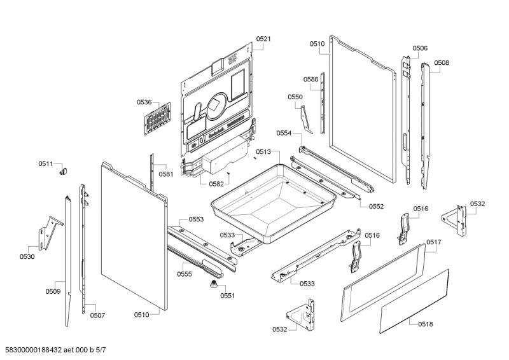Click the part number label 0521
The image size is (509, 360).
tap(263, 39)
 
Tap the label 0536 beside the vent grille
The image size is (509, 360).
tap(144, 102)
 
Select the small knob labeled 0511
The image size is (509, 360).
tap(62, 172)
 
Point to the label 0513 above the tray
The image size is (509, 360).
tap(263, 152)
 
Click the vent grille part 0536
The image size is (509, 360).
tap(158, 118)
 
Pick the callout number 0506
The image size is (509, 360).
tap(419, 48)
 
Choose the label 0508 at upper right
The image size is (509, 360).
tap(442, 62)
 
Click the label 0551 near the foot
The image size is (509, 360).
tap(227, 295)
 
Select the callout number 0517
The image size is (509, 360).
tap(434, 242)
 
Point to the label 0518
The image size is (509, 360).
tap(425, 324)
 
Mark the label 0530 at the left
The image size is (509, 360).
tap(27, 256)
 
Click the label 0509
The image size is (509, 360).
tap(53, 291)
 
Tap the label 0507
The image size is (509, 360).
tap(97, 315)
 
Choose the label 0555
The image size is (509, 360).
tap(185, 274)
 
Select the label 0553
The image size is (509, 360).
tap(196, 219)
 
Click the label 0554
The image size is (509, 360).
tap(284, 133)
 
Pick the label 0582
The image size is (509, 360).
tap(216, 183)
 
